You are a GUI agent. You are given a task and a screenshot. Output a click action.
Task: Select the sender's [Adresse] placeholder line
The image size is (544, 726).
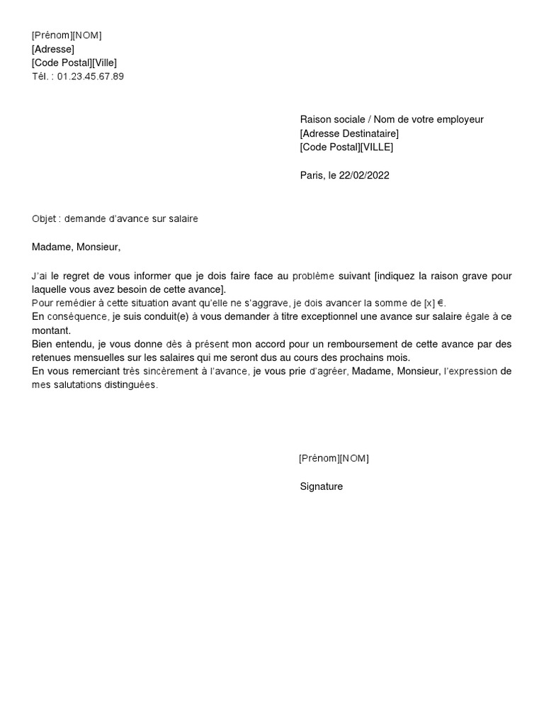[x=53, y=49]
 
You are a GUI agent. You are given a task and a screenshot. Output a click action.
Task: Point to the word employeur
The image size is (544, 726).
[x=459, y=120]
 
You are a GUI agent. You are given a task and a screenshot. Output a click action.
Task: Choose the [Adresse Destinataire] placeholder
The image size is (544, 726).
[x=349, y=133]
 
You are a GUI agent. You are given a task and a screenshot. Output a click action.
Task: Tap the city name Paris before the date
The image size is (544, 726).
[x=312, y=175]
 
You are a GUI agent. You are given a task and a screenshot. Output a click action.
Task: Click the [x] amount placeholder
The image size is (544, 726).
[x=430, y=303]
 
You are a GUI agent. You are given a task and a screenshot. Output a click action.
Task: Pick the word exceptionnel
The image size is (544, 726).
[x=311, y=316]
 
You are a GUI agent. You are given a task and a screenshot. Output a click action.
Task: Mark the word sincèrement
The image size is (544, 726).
[x=164, y=372]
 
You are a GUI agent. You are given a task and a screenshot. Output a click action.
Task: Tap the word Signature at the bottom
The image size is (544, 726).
[x=322, y=486]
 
